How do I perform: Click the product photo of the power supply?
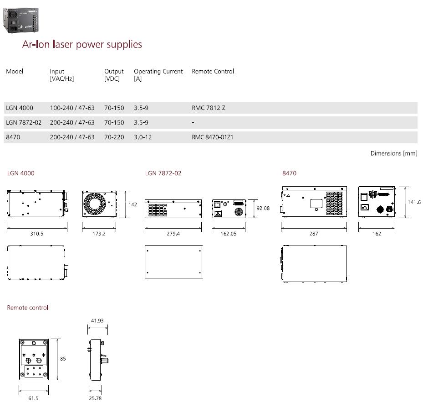21,21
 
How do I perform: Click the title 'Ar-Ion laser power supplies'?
82,44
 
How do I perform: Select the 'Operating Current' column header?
158,71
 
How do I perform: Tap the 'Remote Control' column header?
213,71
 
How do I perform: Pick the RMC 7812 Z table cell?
209,108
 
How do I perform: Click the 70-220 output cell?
114,137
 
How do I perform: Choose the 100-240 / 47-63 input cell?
72,108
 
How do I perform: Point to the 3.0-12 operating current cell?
143,137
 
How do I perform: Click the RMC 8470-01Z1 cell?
213,137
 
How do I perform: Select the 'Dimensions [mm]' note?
394,153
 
